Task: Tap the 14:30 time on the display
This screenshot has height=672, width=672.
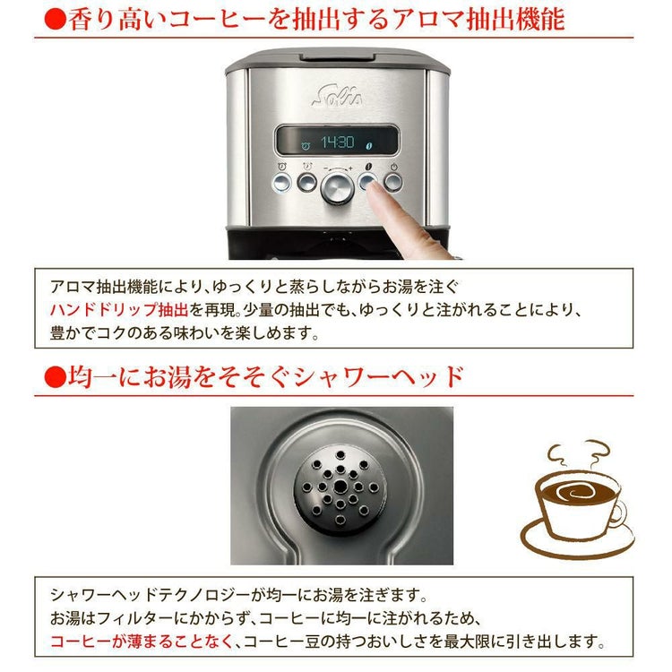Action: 339,142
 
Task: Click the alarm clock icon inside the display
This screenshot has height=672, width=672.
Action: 306,143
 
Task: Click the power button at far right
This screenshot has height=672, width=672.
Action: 394,183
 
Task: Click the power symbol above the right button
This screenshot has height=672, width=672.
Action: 394,167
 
